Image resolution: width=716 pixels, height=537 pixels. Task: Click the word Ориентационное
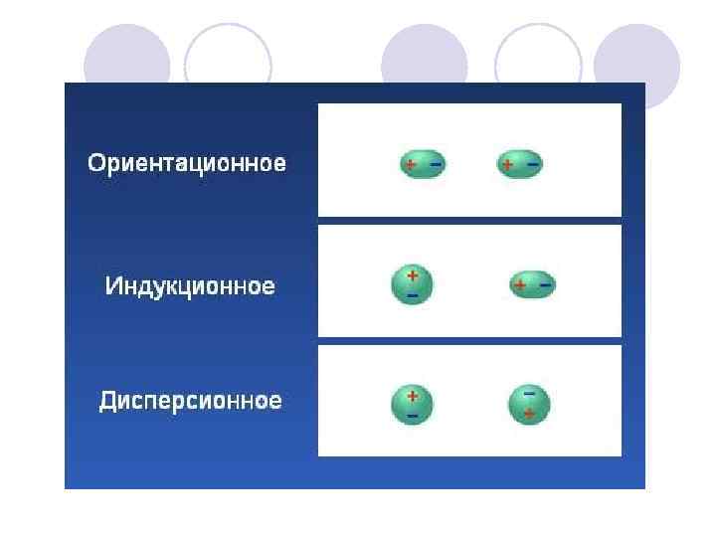click(187, 163)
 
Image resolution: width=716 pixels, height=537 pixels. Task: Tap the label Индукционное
click(190, 286)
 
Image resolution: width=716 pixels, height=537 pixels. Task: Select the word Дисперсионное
click(190, 401)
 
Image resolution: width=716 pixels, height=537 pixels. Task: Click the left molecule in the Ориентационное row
click(424, 164)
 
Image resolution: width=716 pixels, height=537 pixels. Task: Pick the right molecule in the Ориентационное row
click(520, 164)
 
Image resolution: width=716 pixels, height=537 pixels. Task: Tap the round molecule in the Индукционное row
click(412, 283)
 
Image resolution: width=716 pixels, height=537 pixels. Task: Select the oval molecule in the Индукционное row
click(532, 285)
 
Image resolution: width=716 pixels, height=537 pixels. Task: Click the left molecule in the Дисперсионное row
click(412, 404)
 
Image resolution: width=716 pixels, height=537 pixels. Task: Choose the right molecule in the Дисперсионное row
click(529, 404)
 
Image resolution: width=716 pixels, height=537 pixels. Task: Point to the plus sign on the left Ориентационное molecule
click(410, 164)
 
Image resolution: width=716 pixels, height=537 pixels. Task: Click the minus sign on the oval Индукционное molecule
click(545, 284)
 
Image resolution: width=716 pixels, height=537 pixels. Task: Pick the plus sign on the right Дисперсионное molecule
click(529, 413)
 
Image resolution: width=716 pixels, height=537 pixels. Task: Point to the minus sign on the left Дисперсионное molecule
click(412, 415)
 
